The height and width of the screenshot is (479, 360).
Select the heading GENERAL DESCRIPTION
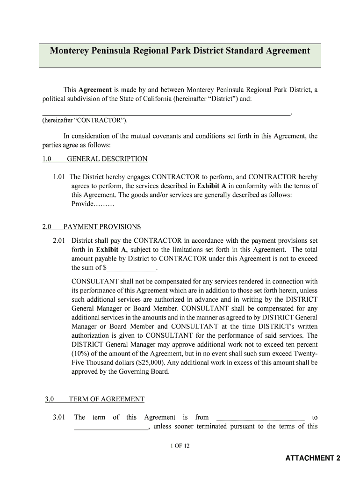tap(107, 159)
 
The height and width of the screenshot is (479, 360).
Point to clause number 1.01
tap(60, 177)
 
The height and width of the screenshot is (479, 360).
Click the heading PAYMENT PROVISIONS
tap(102, 227)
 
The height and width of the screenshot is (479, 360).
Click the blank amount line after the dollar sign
tap(132, 269)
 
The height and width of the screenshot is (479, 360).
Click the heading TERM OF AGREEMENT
tap(107, 399)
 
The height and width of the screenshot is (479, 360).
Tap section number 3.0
tap(50, 399)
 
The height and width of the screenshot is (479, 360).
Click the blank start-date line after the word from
tap(261, 418)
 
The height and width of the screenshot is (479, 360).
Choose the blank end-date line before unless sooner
tap(110, 427)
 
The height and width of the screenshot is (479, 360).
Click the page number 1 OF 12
tap(180, 446)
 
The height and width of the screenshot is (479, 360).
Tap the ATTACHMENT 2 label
tap(313, 458)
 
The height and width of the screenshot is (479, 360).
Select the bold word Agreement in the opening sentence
tap(94, 90)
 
